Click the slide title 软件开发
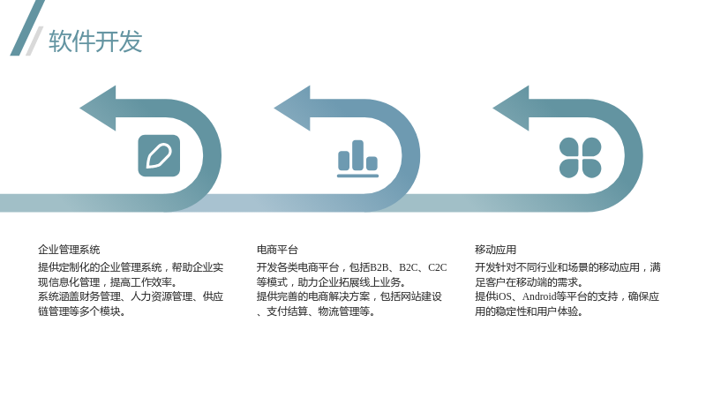coord(95,41)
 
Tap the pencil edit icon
coord(159,156)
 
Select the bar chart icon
coord(358,159)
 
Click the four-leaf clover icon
coord(581,158)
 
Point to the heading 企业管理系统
coord(69,250)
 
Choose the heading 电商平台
coord(277,250)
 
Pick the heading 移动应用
coord(495,250)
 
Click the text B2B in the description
coord(379,267)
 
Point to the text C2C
coord(437,267)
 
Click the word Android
coord(539,296)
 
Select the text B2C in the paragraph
coord(409,267)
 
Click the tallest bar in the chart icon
coord(358,155)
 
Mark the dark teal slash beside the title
coord(27,28)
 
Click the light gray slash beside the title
coord(34,41)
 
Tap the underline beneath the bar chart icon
coord(358,176)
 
